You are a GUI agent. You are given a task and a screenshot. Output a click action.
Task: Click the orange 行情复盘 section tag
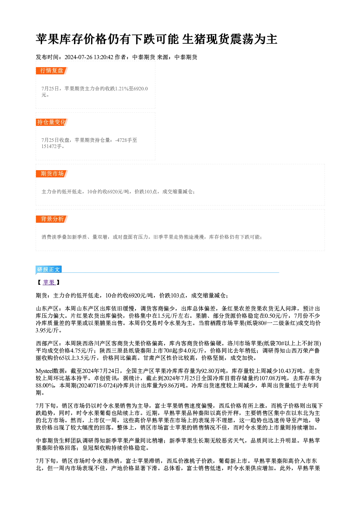pyautogui.click(x=52, y=71)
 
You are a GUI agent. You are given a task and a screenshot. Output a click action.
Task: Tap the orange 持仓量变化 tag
pyautogui.click(x=52, y=122)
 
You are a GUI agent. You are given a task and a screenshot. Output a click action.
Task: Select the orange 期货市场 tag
pyautogui.click(x=52, y=174)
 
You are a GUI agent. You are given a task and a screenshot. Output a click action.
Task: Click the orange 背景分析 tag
pyautogui.click(x=52, y=219)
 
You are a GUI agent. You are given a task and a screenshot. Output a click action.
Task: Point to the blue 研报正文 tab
pyautogui.click(x=49, y=270)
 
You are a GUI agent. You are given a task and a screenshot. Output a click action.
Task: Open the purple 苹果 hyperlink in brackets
pyautogui.click(x=49, y=283)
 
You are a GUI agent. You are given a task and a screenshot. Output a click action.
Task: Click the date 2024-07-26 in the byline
pyautogui.click(x=78, y=57)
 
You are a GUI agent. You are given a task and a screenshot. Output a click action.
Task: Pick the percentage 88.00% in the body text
pyautogui.click(x=45, y=386)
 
